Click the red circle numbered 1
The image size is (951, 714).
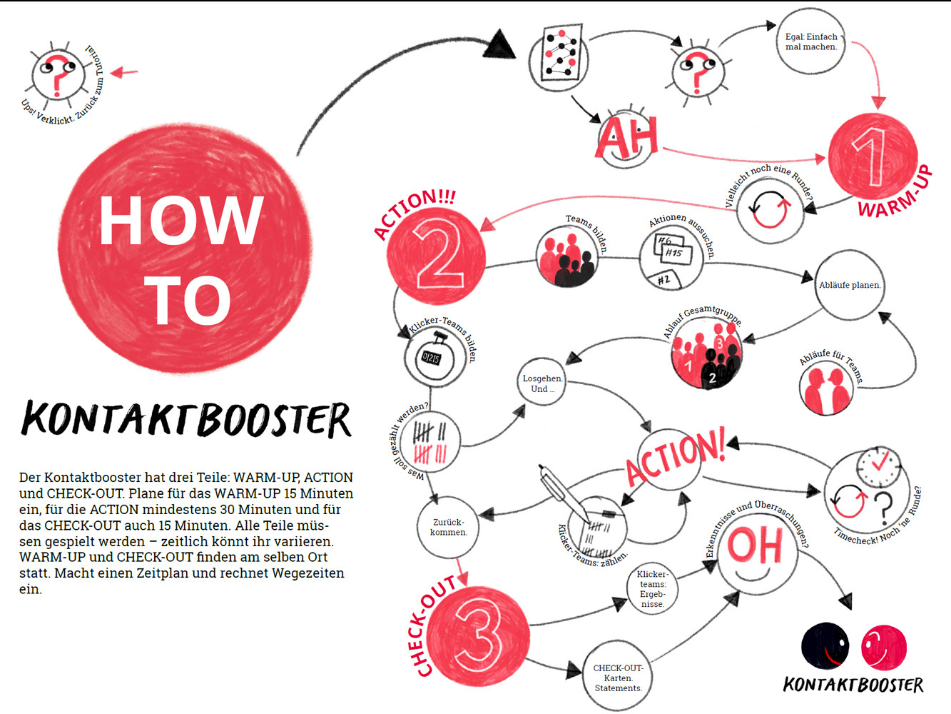(x=872, y=155)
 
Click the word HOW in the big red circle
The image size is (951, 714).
(x=181, y=220)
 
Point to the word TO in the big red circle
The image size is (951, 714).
(x=188, y=301)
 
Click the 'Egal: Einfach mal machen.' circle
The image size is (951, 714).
(x=811, y=41)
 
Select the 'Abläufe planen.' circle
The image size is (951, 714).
(x=849, y=285)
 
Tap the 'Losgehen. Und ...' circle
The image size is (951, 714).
(x=542, y=383)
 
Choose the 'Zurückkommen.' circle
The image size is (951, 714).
(x=448, y=527)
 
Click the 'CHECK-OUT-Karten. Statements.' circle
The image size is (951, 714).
(x=618, y=678)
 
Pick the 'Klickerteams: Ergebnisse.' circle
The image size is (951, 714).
(x=652, y=588)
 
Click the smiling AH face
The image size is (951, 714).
(x=626, y=139)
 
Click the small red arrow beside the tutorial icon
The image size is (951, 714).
(x=124, y=72)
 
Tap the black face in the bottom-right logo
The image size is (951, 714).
(x=825, y=645)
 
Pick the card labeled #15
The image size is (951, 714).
(x=673, y=253)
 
